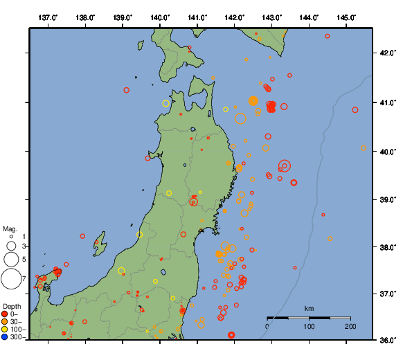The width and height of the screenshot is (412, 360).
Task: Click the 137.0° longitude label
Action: pyautogui.click(x=48, y=17)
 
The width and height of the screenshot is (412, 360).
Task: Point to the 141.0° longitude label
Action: pyautogui.click(x=197, y=17)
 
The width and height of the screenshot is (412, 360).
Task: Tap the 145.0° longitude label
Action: pyautogui.click(x=346, y=17)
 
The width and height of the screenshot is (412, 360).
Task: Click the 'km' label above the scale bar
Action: pyautogui.click(x=309, y=308)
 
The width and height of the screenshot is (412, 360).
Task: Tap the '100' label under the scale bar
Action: pyautogui.click(x=309, y=326)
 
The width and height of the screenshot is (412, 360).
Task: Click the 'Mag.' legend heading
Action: pyautogui.click(x=10, y=228)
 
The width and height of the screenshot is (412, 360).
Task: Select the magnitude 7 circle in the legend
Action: pyautogui.click(x=11, y=278)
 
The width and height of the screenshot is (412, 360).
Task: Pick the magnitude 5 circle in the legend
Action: pyautogui.click(x=11, y=259)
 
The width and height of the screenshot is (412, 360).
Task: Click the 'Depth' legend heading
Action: pyautogui.click(x=12, y=306)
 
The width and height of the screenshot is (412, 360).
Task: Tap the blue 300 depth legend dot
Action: pyautogui.click(x=5, y=337)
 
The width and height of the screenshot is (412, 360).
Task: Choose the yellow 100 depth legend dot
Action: pyautogui.click(x=5, y=330)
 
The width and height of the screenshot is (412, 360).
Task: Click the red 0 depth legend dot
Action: pyautogui.click(x=5, y=314)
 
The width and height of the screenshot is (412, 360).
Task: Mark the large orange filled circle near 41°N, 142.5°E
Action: pyautogui.click(x=253, y=101)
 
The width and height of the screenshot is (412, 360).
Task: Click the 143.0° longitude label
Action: pyautogui.click(x=272, y=17)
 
